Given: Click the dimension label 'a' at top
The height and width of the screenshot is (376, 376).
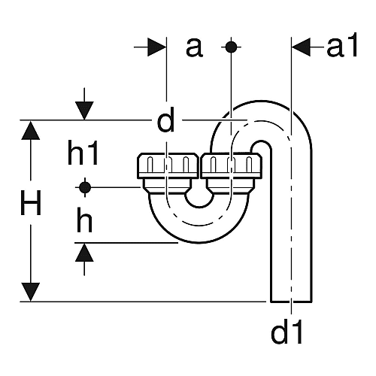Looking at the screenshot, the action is [x=194, y=48].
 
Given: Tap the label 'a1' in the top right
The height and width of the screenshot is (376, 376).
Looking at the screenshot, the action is [x=341, y=45].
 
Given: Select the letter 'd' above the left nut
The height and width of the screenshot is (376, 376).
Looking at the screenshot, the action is [x=165, y=120].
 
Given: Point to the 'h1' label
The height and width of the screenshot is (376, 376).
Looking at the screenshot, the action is [x=83, y=152].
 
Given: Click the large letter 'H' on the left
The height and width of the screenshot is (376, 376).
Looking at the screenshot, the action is [x=31, y=202].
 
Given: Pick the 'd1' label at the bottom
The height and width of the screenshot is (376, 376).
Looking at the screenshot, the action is [x=287, y=331].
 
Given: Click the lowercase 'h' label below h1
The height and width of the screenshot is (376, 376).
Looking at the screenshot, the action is [x=84, y=220].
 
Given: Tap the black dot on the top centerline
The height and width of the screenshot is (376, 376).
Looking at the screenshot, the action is [x=231, y=47].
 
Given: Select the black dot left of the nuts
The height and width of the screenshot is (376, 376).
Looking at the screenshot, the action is [x=85, y=187].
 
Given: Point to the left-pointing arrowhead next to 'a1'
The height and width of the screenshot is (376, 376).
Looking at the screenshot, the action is [x=301, y=47].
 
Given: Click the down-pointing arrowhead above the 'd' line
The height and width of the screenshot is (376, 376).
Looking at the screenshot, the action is [x=84, y=111].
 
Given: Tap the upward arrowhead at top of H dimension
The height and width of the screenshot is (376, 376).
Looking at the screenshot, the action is [x=31, y=130].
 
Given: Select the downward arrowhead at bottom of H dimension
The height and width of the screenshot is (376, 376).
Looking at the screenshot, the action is [x=31, y=292].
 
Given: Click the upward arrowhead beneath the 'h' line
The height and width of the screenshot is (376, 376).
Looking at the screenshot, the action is [x=84, y=253].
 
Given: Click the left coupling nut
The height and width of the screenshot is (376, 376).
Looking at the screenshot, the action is [x=168, y=166].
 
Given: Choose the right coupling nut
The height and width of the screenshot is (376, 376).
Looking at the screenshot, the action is [x=231, y=166].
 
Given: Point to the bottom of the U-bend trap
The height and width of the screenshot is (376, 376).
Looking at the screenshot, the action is [x=199, y=242].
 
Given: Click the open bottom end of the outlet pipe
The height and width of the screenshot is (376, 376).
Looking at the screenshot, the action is [x=291, y=302].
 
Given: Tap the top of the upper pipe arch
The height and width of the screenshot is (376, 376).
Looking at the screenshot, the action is [x=261, y=101].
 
